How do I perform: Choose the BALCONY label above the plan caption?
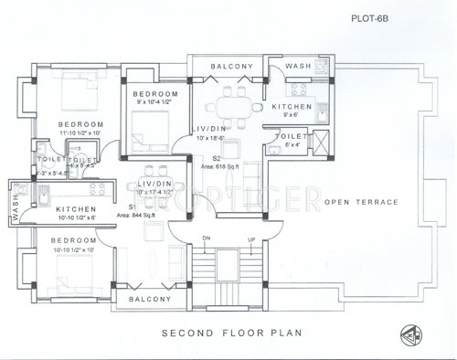[x=150, y=299]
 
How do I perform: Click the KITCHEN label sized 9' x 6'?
[x=292, y=107]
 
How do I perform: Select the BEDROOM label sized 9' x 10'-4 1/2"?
[x=154, y=95]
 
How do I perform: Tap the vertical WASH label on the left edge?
[x=14, y=205]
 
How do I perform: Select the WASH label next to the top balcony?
[x=298, y=67]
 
